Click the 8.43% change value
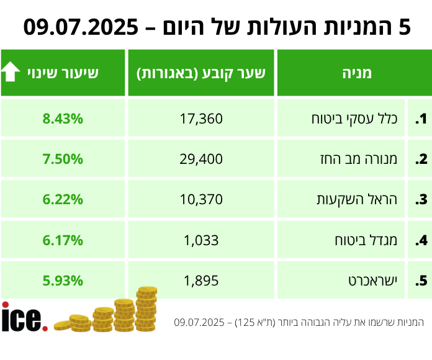click(63, 119)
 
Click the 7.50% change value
click(63, 159)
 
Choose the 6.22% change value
click(63, 199)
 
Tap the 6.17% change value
click(63, 240)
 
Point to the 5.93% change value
click(63, 280)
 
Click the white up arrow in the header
click(11, 73)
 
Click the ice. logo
click(24, 317)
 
